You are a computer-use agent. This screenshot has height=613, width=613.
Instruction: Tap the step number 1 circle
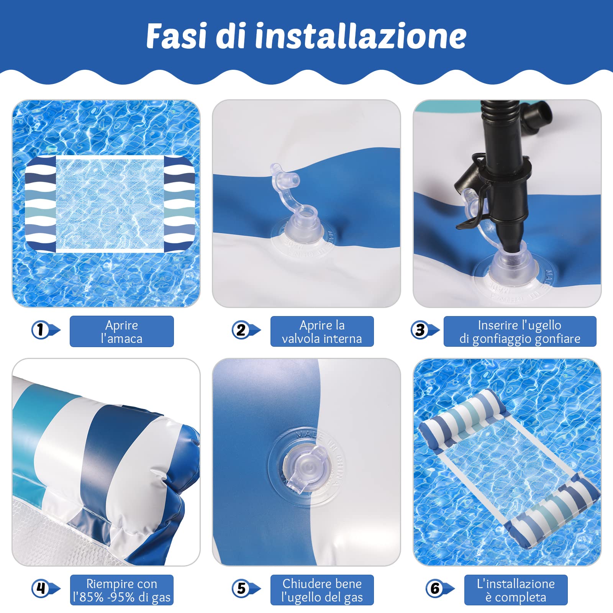click(40, 329)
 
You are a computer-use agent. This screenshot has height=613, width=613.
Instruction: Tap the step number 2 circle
click(241, 329)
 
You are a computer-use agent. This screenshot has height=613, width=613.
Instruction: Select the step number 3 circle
click(420, 329)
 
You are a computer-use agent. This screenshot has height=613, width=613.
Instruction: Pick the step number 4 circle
click(41, 588)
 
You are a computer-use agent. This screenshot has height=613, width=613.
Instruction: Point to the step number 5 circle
click(241, 588)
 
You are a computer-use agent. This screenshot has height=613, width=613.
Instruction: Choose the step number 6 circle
click(435, 588)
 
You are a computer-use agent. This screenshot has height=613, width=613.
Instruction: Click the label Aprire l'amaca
click(121, 331)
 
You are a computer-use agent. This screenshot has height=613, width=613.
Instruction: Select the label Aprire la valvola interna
click(322, 331)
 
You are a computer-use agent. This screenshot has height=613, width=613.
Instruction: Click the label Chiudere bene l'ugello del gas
click(322, 590)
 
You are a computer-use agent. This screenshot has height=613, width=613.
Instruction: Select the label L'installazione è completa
click(516, 590)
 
